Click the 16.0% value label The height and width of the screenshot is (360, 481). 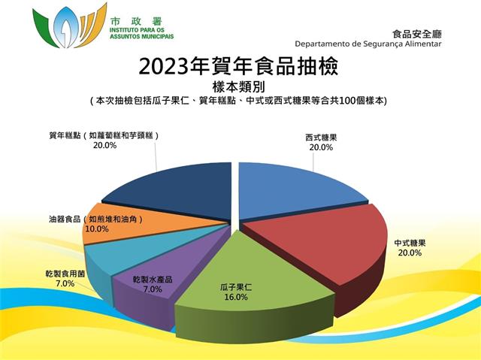[235, 297]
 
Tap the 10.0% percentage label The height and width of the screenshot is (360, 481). [97, 228]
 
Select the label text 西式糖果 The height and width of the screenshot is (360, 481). [321, 138]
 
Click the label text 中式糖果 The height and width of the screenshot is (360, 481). [410, 244]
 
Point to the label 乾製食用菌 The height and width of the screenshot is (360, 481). [65, 274]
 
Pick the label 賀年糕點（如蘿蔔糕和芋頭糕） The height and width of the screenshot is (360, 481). [104, 135]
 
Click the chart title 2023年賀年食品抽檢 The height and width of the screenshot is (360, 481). [238, 66]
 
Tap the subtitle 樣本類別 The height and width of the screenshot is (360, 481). [238, 87]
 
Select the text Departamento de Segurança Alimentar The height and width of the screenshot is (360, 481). [368, 44]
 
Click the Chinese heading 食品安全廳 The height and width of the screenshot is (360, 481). [417, 34]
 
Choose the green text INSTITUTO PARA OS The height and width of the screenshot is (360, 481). [137, 30]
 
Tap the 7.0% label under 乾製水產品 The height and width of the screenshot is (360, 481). [153, 289]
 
